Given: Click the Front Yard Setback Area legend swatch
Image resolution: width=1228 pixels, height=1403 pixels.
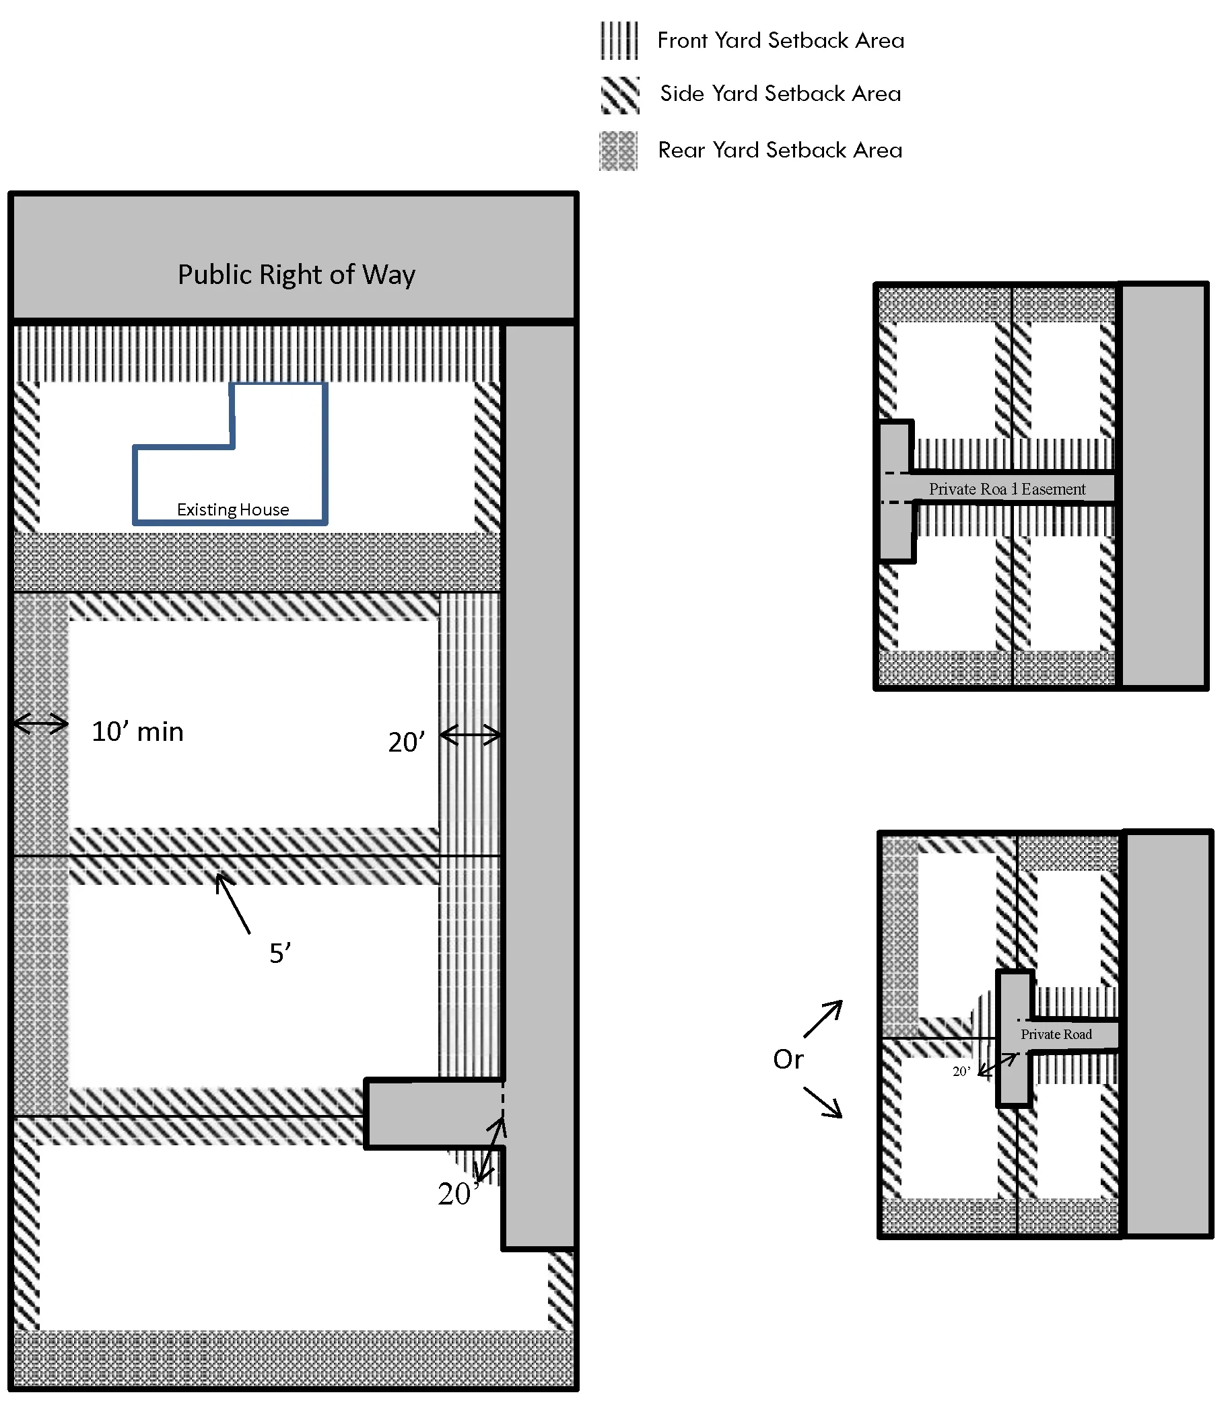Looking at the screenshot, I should point(619,40).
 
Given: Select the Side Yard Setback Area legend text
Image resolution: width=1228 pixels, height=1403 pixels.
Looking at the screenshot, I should point(780,94).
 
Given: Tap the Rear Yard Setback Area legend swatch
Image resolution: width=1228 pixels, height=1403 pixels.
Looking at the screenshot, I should point(618,151).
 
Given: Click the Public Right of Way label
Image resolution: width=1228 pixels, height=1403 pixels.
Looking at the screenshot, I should point(296,275).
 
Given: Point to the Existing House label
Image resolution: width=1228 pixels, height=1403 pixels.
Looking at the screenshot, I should point(232,509).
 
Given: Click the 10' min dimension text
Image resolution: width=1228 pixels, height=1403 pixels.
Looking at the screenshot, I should point(138,731).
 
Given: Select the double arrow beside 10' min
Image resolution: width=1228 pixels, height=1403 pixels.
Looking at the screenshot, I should point(41,723).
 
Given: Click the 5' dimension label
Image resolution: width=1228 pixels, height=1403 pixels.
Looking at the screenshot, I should point(279,953).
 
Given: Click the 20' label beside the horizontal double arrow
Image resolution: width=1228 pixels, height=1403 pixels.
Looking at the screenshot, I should point(407,742).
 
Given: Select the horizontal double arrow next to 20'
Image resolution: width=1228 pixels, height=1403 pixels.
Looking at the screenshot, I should point(471,735).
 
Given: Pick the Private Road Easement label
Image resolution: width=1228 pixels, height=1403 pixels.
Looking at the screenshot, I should point(1007,489).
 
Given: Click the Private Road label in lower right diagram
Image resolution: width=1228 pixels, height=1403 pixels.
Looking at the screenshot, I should point(1056,1034).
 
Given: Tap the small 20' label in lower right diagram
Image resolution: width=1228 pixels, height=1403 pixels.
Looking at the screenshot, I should point(961,1071).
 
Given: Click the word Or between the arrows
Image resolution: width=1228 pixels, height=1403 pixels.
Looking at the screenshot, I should point(788,1059).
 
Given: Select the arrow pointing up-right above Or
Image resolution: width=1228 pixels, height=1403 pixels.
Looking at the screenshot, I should point(823,1019).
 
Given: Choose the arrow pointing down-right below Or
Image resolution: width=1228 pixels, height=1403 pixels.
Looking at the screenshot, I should point(823,1102).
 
